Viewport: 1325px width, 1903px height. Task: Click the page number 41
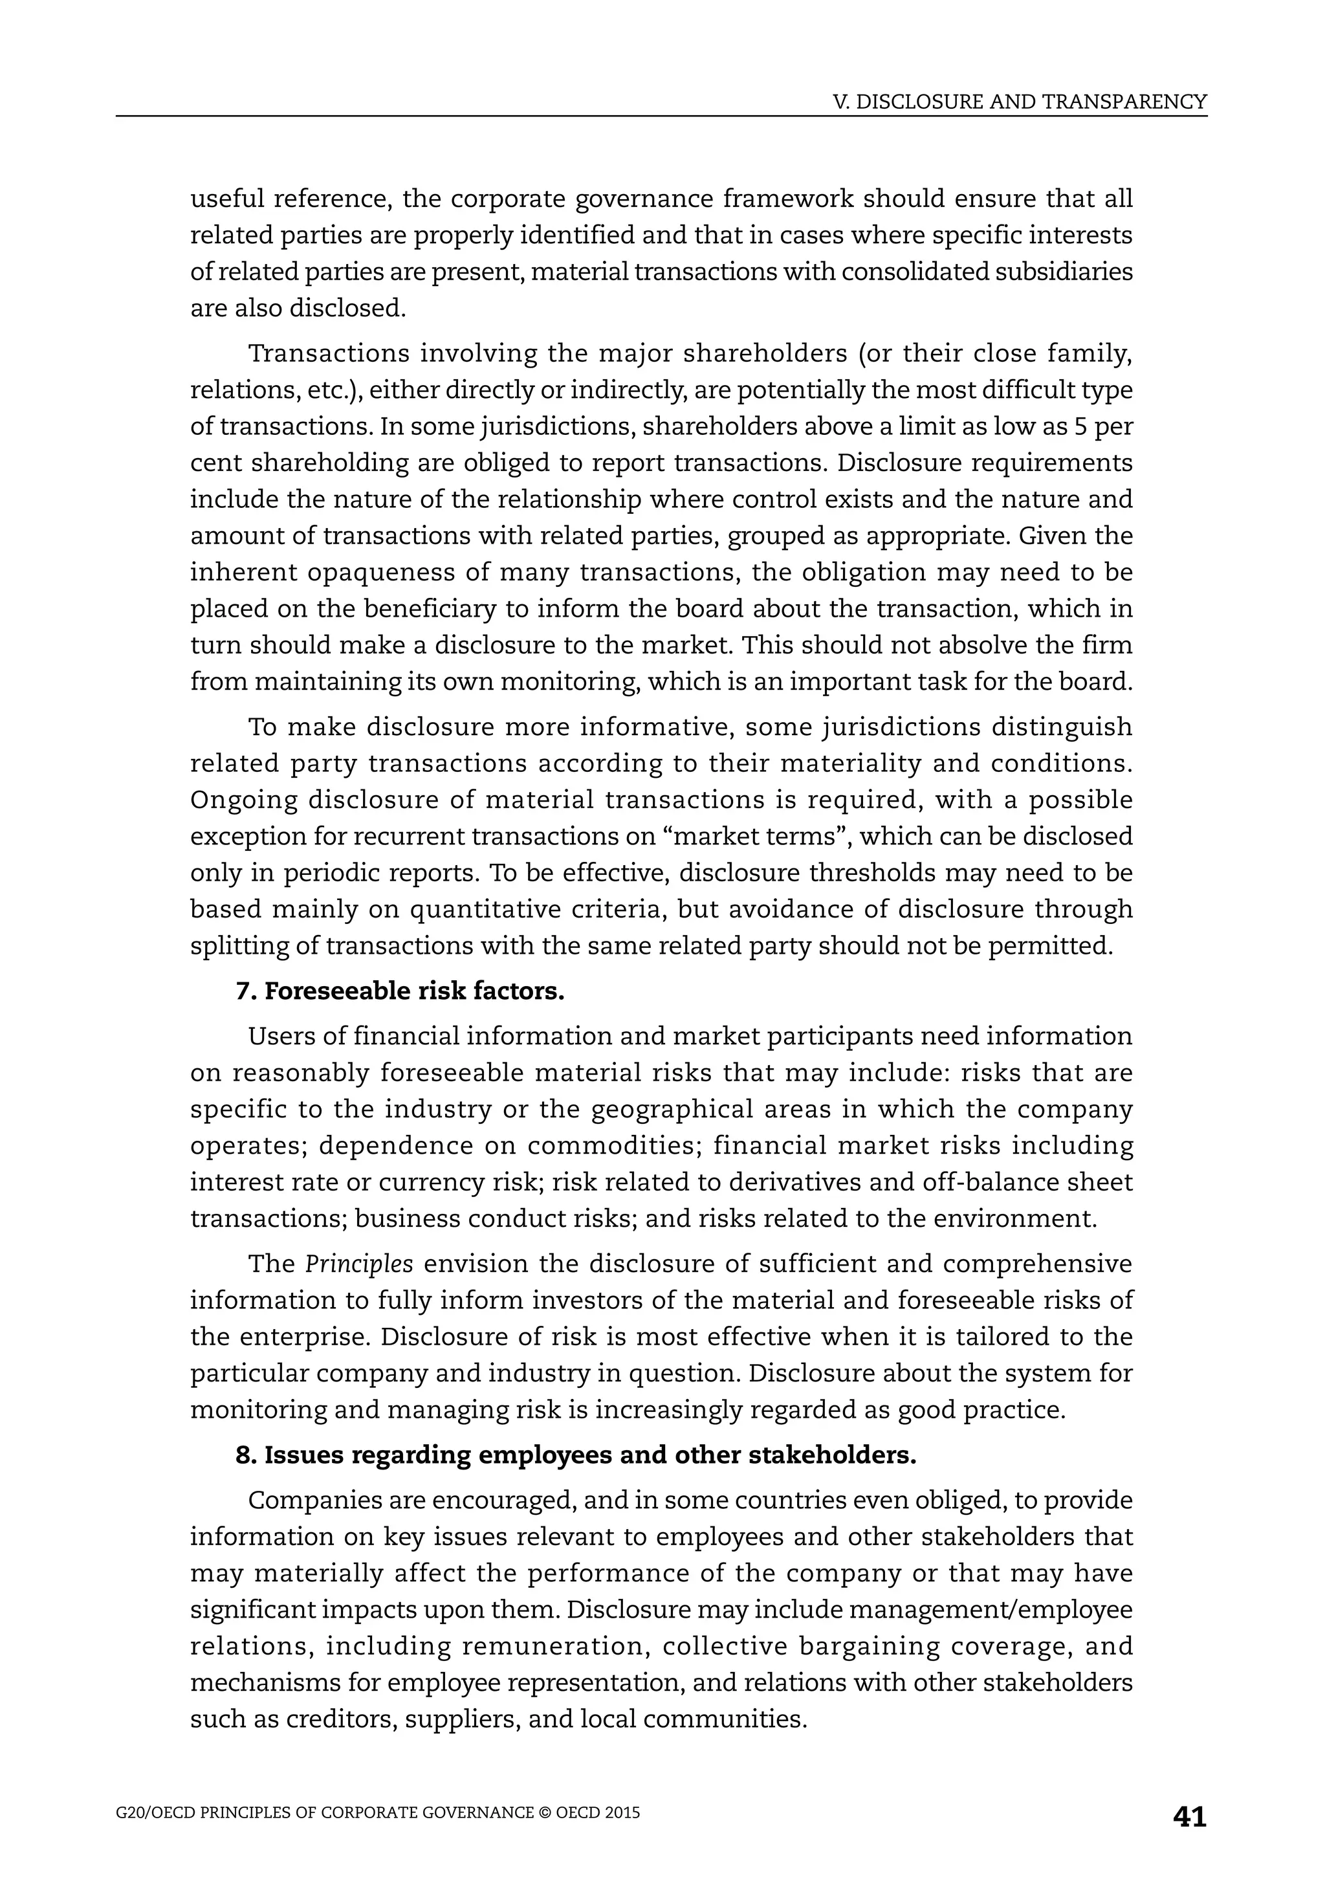pyautogui.click(x=1189, y=1817)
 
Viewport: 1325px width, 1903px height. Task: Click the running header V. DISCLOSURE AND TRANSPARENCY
pyautogui.click(x=1019, y=102)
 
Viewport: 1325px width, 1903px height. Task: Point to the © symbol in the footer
pyautogui.click(x=544, y=1812)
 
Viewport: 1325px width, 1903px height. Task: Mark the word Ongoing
pyautogui.click(x=243, y=800)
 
